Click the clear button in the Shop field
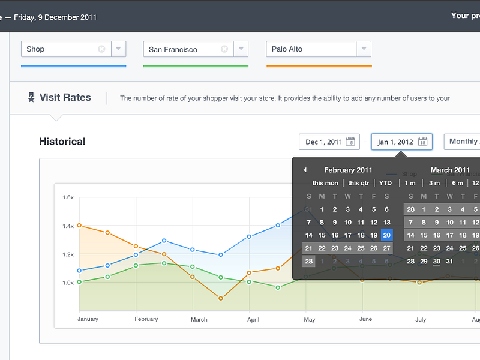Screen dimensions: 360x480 101,49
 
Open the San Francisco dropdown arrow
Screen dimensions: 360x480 241,49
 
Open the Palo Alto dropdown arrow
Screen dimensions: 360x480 364,49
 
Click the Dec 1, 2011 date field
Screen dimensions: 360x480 329,142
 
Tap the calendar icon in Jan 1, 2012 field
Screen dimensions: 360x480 422,142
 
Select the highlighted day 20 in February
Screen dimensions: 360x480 386,235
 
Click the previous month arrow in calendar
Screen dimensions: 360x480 305,170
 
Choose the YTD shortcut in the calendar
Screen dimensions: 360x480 385,183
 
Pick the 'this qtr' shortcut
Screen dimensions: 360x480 358,183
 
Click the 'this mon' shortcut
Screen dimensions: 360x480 325,183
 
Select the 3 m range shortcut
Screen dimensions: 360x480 434,183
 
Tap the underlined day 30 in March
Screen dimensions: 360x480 437,261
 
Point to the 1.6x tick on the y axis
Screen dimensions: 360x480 68,197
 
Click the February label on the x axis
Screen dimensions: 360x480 146,319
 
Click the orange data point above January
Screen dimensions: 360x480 79,226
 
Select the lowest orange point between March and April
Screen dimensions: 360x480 221,298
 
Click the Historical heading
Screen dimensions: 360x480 62,142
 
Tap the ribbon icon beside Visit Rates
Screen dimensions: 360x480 31,97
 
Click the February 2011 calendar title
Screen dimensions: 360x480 348,170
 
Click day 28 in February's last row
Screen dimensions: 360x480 308,261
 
